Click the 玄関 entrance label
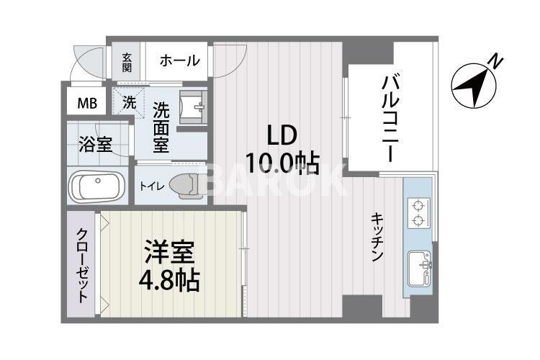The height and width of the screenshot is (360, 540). (x=127, y=62)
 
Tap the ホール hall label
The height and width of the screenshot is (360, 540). (x=179, y=61)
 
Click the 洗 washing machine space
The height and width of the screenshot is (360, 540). (x=129, y=102)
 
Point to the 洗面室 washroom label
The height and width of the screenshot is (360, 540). (x=161, y=127)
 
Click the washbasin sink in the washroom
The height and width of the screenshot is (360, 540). (x=194, y=109)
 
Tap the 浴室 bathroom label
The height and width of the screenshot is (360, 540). (x=95, y=143)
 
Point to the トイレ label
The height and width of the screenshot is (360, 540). (x=152, y=186)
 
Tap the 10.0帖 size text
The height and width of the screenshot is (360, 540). (x=282, y=164)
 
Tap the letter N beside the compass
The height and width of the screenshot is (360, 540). (x=495, y=60)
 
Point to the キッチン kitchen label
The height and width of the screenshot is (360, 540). (x=377, y=238)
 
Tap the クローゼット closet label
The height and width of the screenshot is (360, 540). (x=84, y=266)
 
